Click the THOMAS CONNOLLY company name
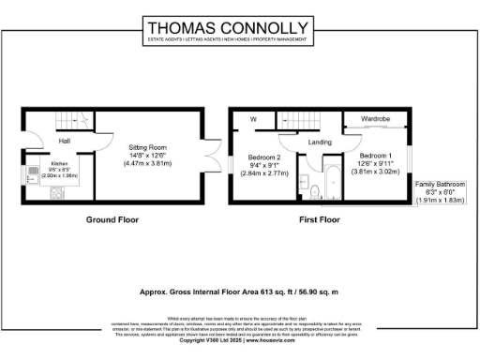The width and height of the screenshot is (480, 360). coord(240,27)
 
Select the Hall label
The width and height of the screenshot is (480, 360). coord(65,141)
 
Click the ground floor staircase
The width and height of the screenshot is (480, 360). coord(72,120)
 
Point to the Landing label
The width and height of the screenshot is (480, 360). coord(322,142)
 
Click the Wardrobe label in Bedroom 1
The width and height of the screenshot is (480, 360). coord(375,119)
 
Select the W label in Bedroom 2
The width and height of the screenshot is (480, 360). coord(253,119)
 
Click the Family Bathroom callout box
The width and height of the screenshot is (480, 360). coord(439,192)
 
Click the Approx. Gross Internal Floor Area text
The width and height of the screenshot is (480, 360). coord(240,292)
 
